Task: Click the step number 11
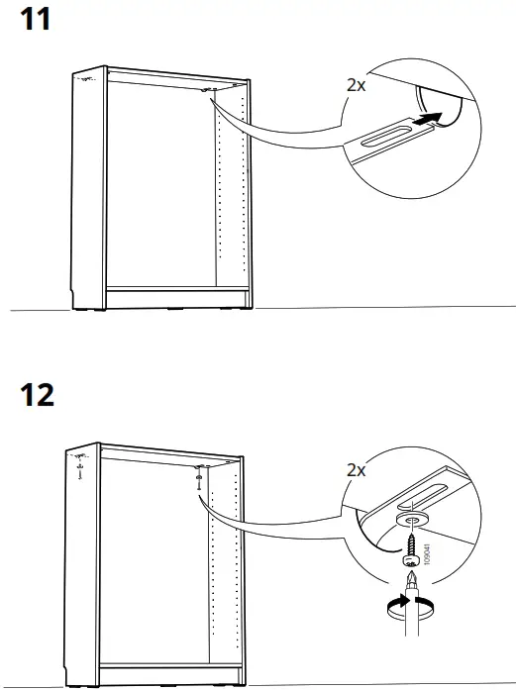click(x=36, y=20)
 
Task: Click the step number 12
click(x=37, y=395)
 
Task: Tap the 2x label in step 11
click(x=357, y=85)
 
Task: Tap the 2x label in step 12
click(x=357, y=470)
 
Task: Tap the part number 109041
click(x=426, y=554)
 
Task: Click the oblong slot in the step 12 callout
click(x=424, y=496)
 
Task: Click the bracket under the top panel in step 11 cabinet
click(x=206, y=90)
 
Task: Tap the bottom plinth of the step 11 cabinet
click(x=178, y=298)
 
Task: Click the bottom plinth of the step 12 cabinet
click(x=170, y=675)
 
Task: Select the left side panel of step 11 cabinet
click(x=88, y=189)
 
